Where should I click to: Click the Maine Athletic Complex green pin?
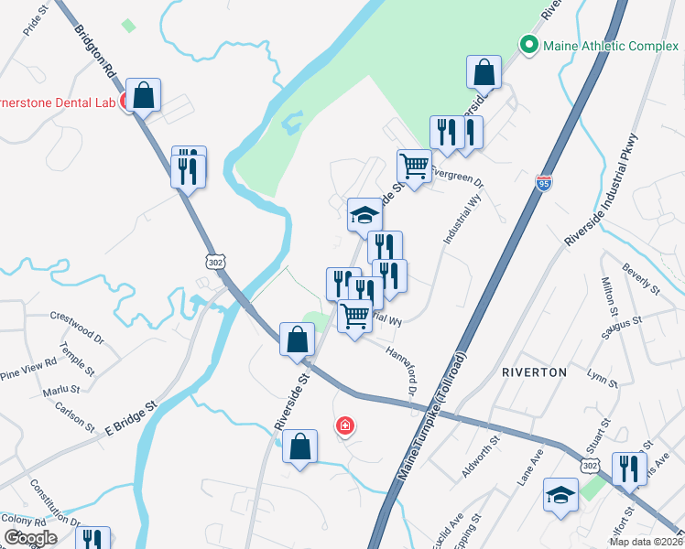pos(528,44)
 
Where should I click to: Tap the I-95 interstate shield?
pos(545,184)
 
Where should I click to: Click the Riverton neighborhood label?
pos(534,372)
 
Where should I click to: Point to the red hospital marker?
pos(345,425)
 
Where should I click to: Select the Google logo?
pos(30,537)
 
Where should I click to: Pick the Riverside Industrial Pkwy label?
pos(606,190)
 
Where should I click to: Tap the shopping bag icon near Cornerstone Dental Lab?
pos(143,94)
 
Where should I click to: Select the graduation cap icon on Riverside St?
pos(364,215)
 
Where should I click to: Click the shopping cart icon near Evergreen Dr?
pos(414,167)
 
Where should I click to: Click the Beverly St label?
pos(641,281)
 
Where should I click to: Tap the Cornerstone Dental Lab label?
pos(55,103)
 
